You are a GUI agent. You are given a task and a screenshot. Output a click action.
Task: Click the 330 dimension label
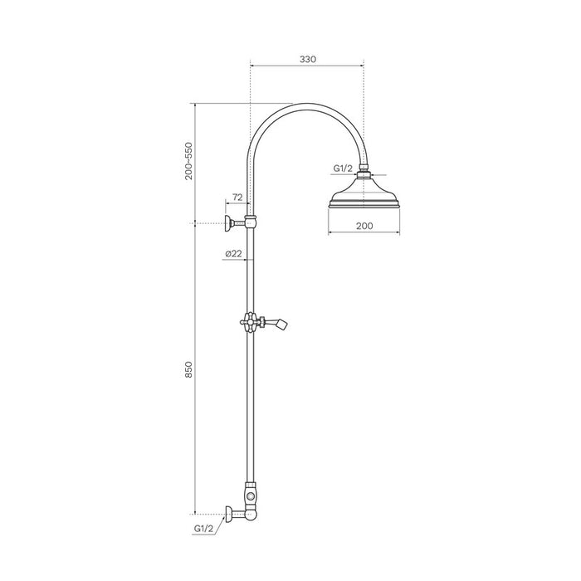pyautogui.click(x=308, y=59)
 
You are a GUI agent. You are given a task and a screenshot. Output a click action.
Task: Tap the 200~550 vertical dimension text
pyautogui.click(x=189, y=161)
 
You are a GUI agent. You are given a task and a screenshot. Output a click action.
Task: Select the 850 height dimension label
pyautogui.click(x=189, y=369)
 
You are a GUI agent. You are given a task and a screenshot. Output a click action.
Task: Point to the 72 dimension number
pyautogui.click(x=237, y=198)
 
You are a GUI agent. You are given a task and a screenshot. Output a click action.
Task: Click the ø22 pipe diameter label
pyautogui.click(x=233, y=253)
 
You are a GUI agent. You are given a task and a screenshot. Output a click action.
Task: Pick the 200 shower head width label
pyautogui.click(x=364, y=226)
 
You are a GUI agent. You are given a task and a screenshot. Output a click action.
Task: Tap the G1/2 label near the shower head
pyautogui.click(x=343, y=168)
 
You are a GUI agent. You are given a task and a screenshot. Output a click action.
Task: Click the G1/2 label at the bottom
pyautogui.click(x=204, y=529)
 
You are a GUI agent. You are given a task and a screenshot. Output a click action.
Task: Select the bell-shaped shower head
pyautogui.click(x=364, y=193)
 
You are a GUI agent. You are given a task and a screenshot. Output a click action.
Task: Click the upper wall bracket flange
pyautogui.click(x=228, y=223)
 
